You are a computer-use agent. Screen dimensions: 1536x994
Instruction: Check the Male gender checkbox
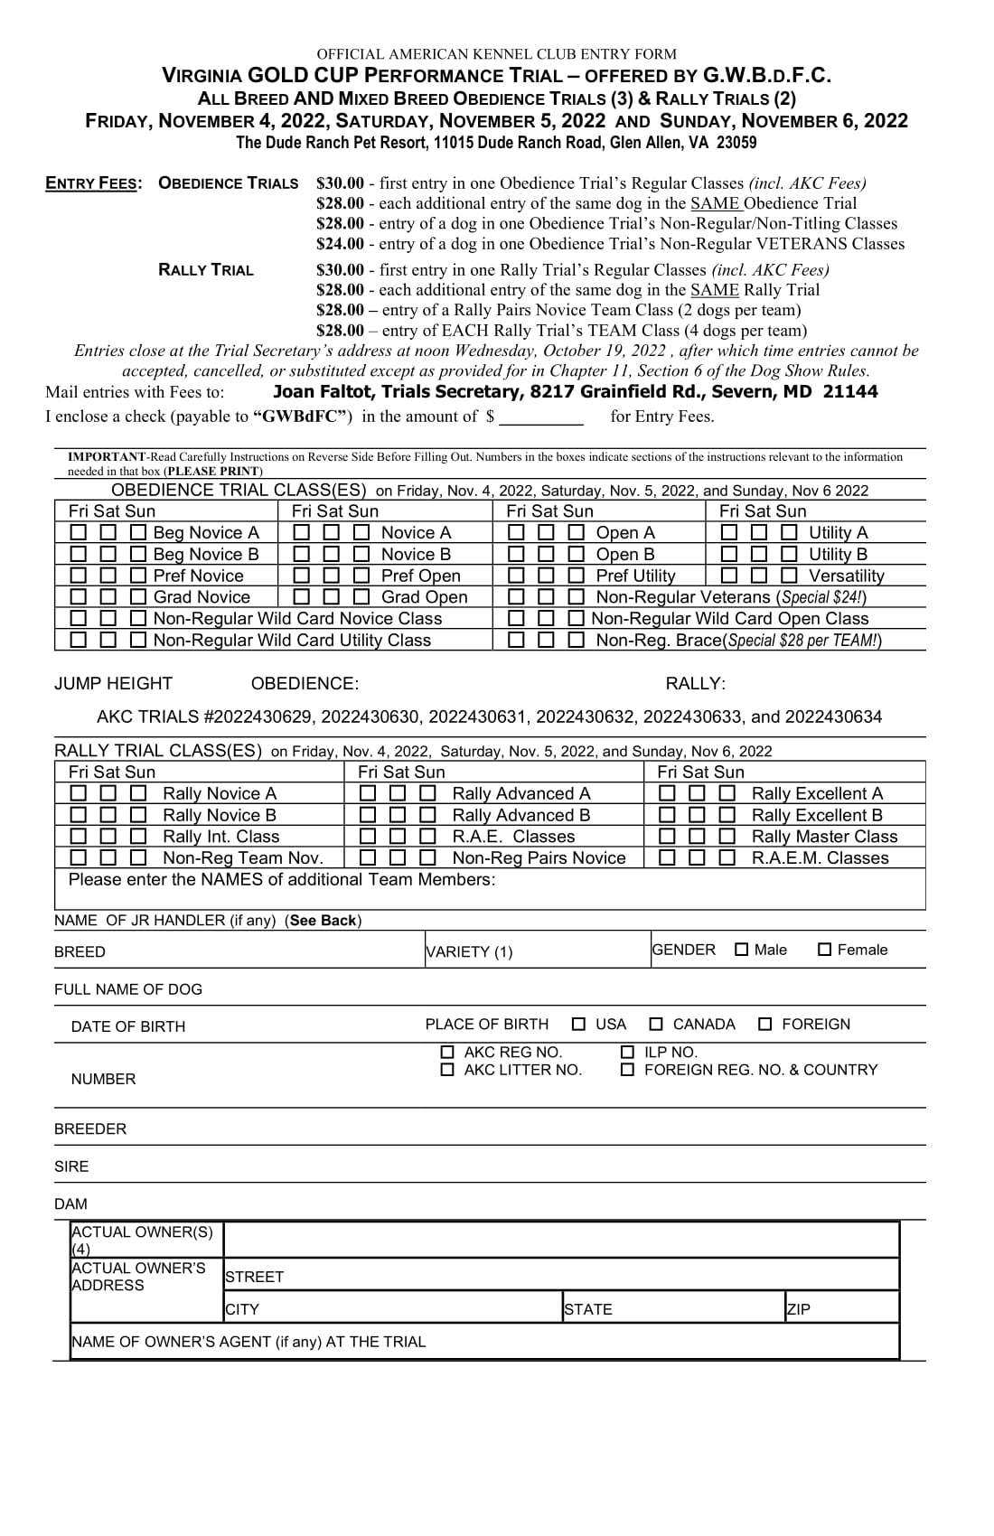click(x=742, y=950)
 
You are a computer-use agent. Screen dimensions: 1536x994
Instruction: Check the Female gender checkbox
click(x=824, y=950)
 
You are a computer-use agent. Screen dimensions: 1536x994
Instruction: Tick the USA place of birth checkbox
click(x=579, y=1024)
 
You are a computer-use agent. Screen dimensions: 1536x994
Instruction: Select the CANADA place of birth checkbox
click(x=656, y=1024)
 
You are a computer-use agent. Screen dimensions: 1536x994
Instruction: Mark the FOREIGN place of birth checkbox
click(x=765, y=1024)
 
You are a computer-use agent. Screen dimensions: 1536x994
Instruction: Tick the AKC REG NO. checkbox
click(x=447, y=1053)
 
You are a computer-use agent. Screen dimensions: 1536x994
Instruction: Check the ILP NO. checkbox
click(x=628, y=1053)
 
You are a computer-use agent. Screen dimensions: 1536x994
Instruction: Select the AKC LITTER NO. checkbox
click(x=447, y=1070)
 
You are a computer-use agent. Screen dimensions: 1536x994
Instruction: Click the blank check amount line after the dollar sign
click(x=541, y=417)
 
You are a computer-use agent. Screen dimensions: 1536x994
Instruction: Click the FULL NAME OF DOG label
click(x=128, y=989)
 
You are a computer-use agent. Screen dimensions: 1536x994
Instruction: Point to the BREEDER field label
click(x=90, y=1129)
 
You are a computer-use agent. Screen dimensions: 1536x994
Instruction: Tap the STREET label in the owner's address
click(x=255, y=1277)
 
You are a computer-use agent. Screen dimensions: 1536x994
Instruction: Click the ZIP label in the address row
click(x=799, y=1309)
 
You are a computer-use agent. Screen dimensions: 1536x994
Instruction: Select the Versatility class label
click(x=846, y=576)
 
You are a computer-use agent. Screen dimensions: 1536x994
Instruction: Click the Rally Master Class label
click(x=824, y=837)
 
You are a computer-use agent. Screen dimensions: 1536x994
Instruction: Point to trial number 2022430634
click(x=833, y=716)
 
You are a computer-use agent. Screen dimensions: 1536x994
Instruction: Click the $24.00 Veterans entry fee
click(x=340, y=244)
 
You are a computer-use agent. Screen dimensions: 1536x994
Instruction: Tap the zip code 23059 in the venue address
click(x=736, y=143)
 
